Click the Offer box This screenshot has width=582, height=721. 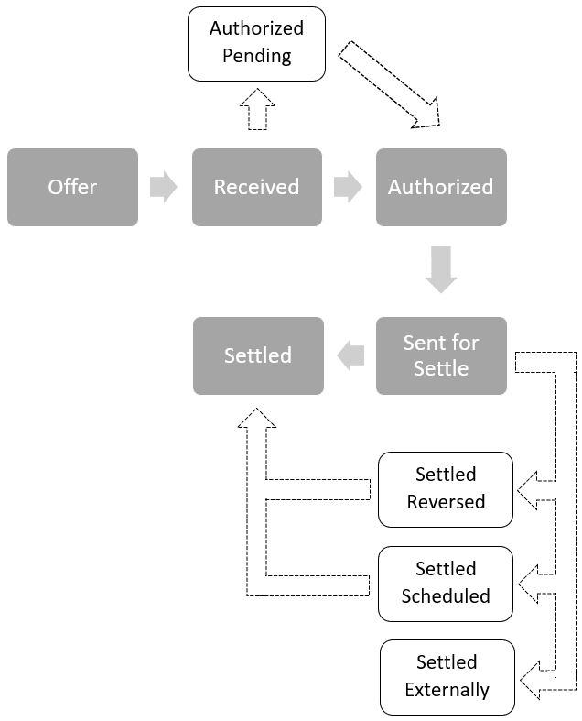72,187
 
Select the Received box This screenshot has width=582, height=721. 256,187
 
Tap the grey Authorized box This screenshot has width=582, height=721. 441,187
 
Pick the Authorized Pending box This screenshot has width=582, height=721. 256,42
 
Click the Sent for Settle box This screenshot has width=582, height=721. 441,355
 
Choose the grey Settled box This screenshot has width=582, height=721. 258,355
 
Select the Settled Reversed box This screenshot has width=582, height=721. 446,488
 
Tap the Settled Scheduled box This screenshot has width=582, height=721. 446,583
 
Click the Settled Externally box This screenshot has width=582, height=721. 447,676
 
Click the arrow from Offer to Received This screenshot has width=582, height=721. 164,187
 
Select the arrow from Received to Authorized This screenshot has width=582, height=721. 348,187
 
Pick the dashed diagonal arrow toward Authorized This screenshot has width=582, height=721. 390,83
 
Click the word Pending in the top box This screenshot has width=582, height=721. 256,56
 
